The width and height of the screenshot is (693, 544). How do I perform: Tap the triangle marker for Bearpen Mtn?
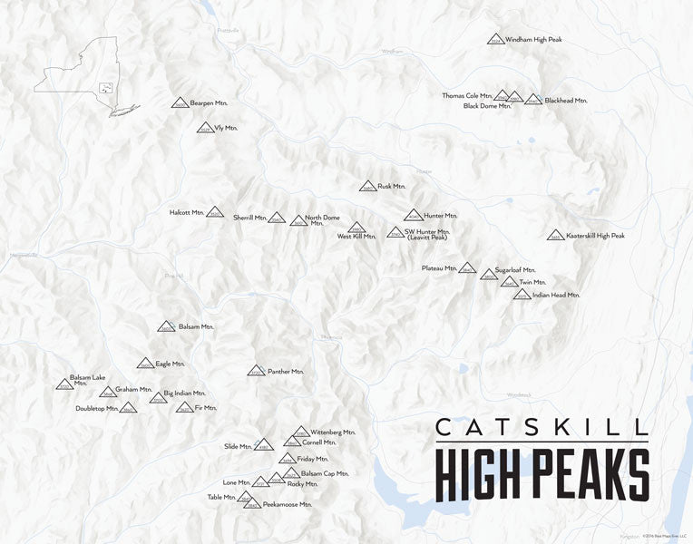181,103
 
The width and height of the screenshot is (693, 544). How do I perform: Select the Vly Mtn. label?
225,128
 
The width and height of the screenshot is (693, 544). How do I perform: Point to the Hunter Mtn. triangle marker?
414,216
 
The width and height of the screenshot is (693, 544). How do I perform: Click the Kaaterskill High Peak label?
595,236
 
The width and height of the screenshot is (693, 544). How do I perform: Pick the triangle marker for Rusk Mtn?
367,187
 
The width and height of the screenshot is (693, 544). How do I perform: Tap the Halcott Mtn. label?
186,212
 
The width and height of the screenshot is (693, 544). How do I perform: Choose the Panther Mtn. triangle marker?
257,371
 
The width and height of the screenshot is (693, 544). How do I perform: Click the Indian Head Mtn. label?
556,295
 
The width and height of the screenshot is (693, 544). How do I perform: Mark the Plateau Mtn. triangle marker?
467,268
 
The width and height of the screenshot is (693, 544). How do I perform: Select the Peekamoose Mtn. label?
287,504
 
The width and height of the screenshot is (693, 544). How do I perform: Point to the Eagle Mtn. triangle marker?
145,364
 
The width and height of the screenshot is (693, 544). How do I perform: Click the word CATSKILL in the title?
542,426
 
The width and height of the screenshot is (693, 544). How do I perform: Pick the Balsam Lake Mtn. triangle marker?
64,384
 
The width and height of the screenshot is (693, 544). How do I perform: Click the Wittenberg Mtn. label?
332,432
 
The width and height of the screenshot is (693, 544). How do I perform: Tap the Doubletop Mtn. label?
97,409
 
